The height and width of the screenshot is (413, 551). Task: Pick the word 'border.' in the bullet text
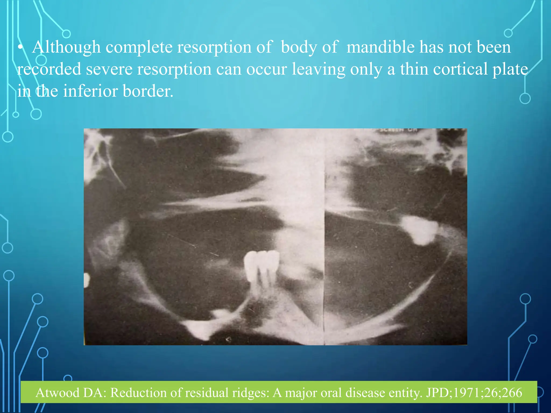click(x=148, y=91)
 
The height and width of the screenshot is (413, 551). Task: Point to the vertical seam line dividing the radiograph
click(x=324, y=242)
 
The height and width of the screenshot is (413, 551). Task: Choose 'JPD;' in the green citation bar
click(x=438, y=393)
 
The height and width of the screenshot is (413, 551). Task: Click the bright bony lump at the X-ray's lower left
click(x=200, y=329)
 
